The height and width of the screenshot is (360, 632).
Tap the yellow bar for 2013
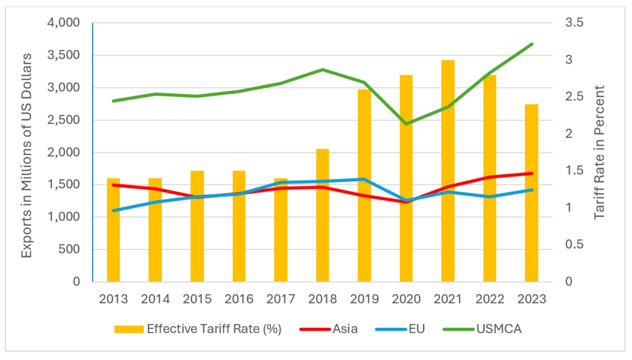click(113, 246)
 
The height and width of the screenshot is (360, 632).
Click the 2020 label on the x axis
click(406, 299)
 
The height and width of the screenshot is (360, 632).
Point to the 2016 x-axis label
click(239, 299)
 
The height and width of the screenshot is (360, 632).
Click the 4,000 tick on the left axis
click(64, 23)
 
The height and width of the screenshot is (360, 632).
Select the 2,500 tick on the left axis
click(64, 120)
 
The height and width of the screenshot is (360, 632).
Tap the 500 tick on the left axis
click(69, 249)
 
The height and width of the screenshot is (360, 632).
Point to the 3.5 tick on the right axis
click(574, 23)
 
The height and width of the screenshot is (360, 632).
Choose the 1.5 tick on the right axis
click(574, 171)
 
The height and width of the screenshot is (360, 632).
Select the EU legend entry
click(416, 329)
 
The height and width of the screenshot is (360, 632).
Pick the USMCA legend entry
click(499, 329)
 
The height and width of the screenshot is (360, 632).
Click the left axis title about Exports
click(27, 155)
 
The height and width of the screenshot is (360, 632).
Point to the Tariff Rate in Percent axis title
click(599, 152)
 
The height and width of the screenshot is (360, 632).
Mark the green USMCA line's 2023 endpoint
click(532, 44)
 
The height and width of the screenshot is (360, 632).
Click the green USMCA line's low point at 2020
click(406, 124)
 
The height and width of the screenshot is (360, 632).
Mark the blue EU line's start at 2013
click(113, 210)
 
